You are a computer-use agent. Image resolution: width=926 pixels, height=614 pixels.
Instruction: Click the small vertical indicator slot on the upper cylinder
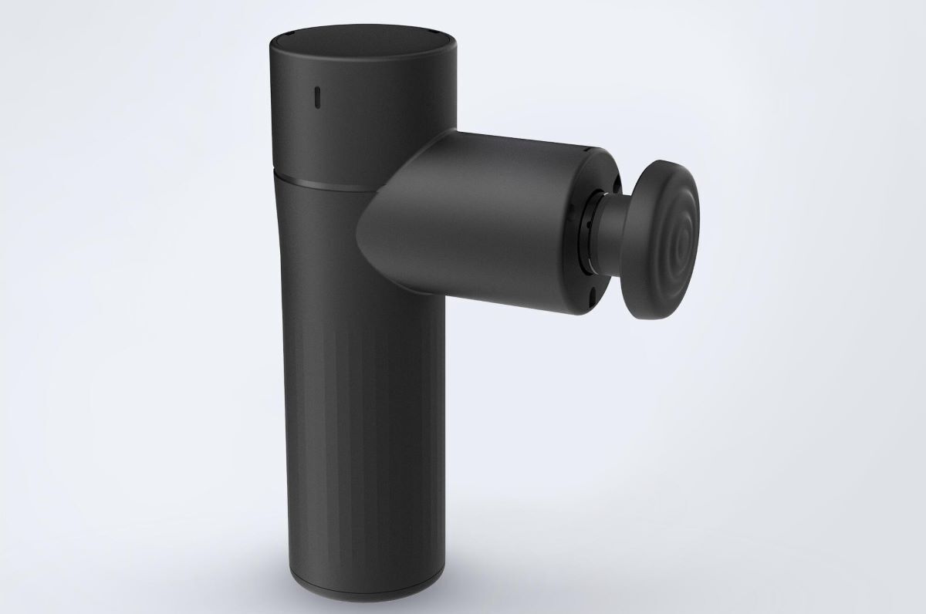click(x=316, y=97)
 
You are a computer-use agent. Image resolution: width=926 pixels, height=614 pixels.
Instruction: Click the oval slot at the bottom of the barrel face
click(x=592, y=296)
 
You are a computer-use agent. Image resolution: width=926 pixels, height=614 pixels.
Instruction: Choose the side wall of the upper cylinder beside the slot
click(x=363, y=116)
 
